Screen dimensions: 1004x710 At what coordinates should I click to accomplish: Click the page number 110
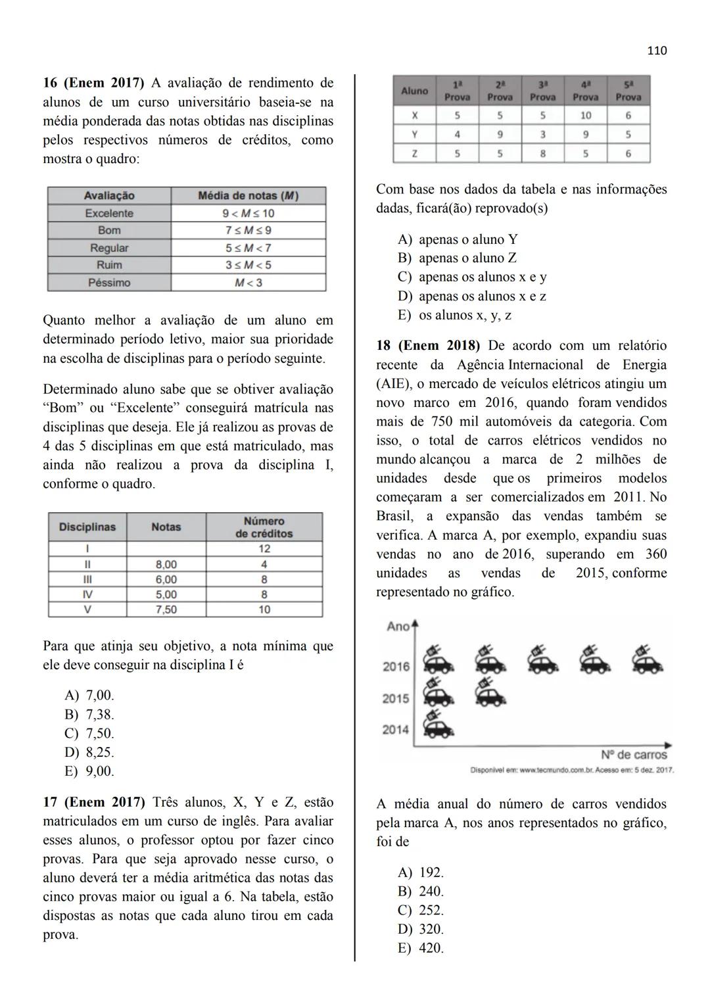tap(657, 51)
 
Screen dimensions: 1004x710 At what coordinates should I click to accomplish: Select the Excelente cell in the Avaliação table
tap(109, 213)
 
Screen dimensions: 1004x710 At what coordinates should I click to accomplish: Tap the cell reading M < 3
tap(248, 283)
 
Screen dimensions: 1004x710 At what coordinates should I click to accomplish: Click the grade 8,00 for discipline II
tap(166, 564)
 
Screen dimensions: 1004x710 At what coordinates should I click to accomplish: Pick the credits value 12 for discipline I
tap(264, 549)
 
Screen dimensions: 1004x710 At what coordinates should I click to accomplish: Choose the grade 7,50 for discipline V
tap(166, 610)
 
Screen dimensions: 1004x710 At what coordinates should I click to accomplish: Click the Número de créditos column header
tap(264, 527)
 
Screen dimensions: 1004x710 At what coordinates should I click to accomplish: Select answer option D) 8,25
tap(89, 752)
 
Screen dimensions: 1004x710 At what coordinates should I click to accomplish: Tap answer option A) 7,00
tap(89, 695)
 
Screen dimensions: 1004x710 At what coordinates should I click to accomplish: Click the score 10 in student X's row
tap(585, 115)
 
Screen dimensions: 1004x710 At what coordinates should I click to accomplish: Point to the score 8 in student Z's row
tap(542, 154)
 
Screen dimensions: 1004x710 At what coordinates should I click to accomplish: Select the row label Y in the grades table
tap(414, 134)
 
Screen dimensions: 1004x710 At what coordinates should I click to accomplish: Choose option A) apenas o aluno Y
tap(458, 239)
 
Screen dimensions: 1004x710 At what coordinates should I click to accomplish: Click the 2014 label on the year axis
tap(396, 729)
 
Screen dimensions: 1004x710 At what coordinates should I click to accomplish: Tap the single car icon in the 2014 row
tap(438, 726)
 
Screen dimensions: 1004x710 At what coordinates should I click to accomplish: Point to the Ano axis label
tap(398, 627)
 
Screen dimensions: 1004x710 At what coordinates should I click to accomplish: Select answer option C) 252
tap(421, 910)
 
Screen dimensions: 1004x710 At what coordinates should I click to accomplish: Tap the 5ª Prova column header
tap(628, 91)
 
